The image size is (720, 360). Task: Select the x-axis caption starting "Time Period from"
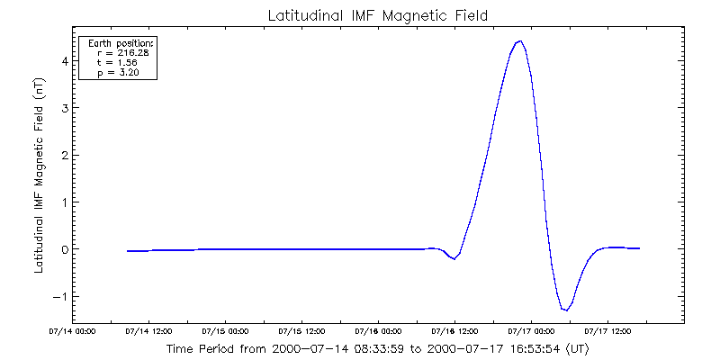(377, 347)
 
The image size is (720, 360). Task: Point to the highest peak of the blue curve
(519, 41)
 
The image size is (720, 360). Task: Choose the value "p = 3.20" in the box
(119, 72)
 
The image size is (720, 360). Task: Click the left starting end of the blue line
(128, 251)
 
